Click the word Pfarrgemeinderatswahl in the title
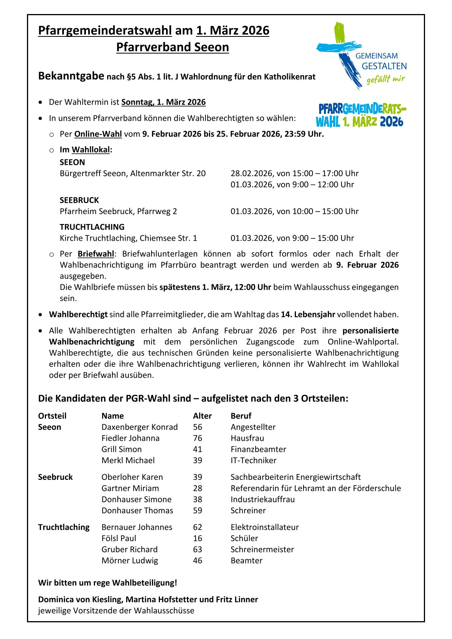pos(105,30)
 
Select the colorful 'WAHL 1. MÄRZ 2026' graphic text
pos(359,122)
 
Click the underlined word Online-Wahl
pos(98,134)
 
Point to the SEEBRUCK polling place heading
pos(79,200)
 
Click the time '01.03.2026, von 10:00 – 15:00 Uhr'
pos(294,211)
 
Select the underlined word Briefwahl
pos(96,254)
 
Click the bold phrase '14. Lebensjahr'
pos(308,314)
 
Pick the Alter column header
pos(202,416)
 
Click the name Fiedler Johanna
pos(130,438)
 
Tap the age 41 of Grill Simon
pos(198,449)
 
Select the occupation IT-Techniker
pos(253,461)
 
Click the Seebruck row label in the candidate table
pos(55,477)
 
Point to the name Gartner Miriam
pos(130,488)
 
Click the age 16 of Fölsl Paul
pos(198,538)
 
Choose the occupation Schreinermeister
pos(262,549)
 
